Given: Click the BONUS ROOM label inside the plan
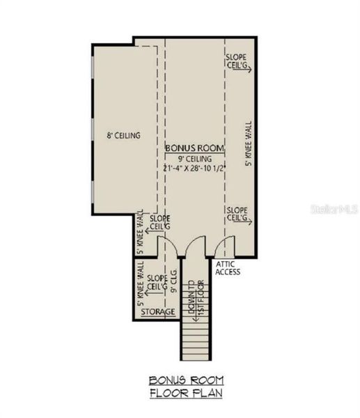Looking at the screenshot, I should click(194, 148).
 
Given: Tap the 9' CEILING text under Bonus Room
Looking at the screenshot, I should click(194, 160).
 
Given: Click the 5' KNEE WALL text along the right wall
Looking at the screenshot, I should click(249, 145).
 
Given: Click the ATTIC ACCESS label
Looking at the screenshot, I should click(228, 268).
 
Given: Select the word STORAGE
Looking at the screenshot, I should click(157, 312).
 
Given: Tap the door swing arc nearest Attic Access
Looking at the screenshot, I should click(224, 245).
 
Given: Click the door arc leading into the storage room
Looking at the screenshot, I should click(168, 245).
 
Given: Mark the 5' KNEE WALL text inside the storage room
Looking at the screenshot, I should click(141, 284).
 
